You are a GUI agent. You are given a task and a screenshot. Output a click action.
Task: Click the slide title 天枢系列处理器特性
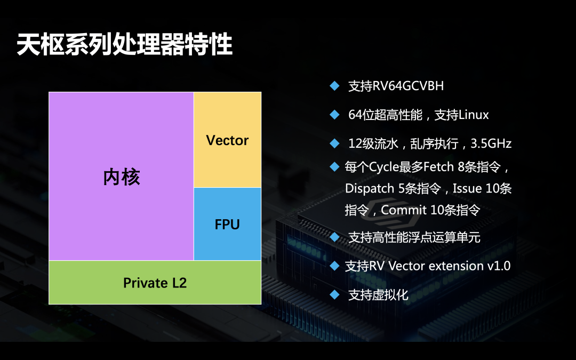pyautogui.click(x=125, y=45)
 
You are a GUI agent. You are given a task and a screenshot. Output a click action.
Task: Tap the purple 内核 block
pyautogui.click(x=121, y=177)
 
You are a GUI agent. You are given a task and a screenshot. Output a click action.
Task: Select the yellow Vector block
pyautogui.click(x=227, y=140)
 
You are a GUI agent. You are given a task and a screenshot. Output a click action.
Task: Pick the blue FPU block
pyautogui.click(x=227, y=225)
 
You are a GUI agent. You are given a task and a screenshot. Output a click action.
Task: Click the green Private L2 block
pyautogui.click(x=155, y=283)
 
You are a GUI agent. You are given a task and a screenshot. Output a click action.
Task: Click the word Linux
pyautogui.click(x=474, y=115)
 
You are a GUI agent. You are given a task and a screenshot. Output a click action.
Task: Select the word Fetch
pyautogui.click(x=439, y=167)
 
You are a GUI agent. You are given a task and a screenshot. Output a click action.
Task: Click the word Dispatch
pyautogui.click(x=369, y=189)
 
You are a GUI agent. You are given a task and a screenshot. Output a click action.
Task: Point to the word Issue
pyautogui.click(x=467, y=189)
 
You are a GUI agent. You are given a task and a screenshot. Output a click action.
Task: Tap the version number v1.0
pyautogui.click(x=499, y=266)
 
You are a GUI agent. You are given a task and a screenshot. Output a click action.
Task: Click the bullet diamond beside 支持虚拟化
pyautogui.click(x=334, y=294)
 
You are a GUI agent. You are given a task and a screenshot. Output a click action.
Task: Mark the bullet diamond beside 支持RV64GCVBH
pyautogui.click(x=334, y=86)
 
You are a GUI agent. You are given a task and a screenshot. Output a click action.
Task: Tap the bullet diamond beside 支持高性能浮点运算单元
pyautogui.click(x=334, y=236)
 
